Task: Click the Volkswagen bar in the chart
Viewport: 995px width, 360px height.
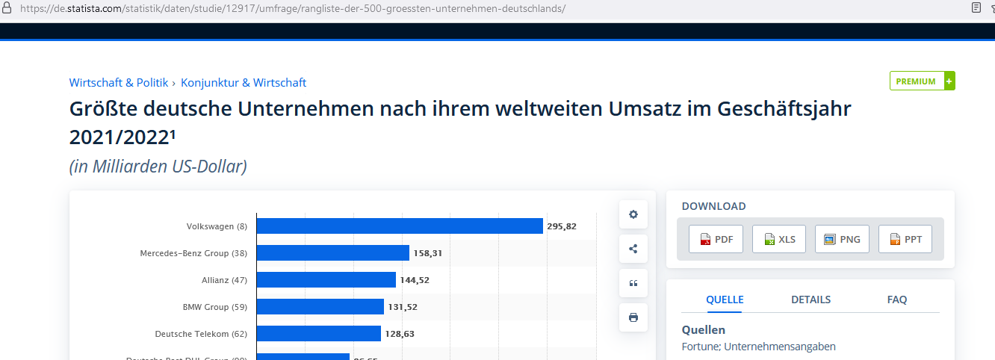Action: pos(400,226)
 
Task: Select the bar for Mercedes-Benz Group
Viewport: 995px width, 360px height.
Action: pos(333,253)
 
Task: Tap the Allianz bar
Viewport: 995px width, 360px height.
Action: pos(326,280)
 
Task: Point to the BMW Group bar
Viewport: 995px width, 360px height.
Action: pos(320,307)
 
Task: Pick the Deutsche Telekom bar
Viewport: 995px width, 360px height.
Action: pos(319,334)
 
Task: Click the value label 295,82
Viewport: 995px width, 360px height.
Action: pos(562,226)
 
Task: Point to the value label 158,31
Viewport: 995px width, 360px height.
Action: pos(428,253)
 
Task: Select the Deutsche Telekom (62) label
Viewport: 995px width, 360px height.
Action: pos(201,334)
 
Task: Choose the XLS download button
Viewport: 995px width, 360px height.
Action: pos(779,239)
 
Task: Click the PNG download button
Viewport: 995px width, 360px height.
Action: pos(842,239)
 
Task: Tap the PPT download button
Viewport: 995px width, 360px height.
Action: pos(905,239)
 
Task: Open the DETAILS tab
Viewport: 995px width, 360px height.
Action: pos(810,300)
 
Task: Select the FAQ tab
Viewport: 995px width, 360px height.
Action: pos(897,300)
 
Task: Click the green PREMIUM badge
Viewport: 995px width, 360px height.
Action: pos(922,81)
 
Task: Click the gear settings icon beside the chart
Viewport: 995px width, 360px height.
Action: pos(633,214)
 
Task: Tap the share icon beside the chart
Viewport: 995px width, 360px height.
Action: pos(633,249)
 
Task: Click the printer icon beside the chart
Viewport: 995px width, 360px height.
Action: pos(633,317)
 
